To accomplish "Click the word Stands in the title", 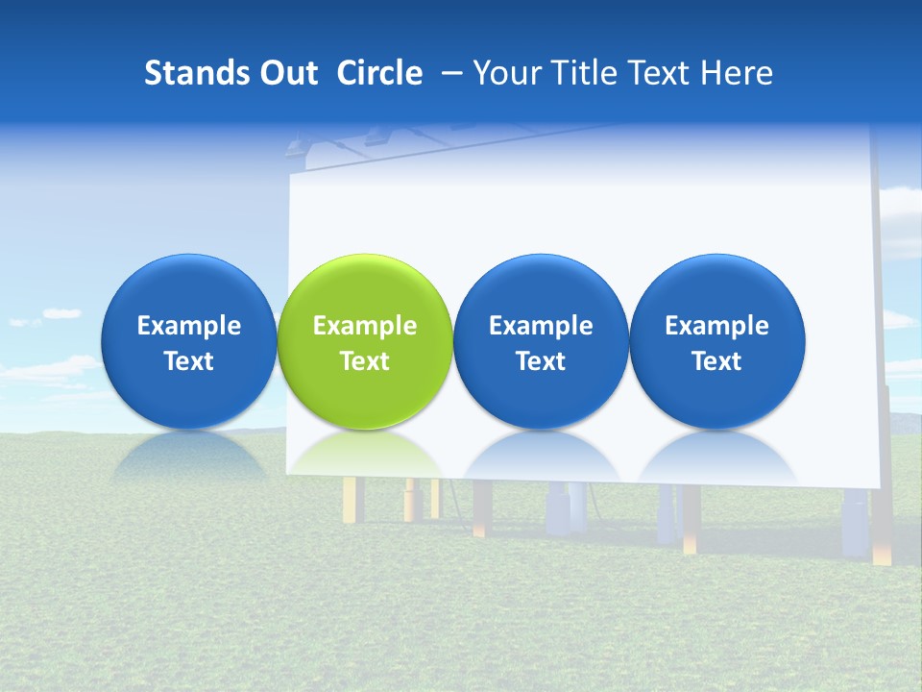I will pyautogui.click(x=195, y=73).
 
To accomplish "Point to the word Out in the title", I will pyautogui.click(x=286, y=73).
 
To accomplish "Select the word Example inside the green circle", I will pyautogui.click(x=365, y=326).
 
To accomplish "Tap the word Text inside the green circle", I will pyautogui.click(x=365, y=361).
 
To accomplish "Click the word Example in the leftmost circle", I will pyautogui.click(x=188, y=326).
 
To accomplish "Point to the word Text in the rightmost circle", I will pyautogui.click(x=716, y=361).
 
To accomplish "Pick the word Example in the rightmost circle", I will pyautogui.click(x=716, y=326).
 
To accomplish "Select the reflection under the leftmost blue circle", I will pyautogui.click(x=188, y=456).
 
